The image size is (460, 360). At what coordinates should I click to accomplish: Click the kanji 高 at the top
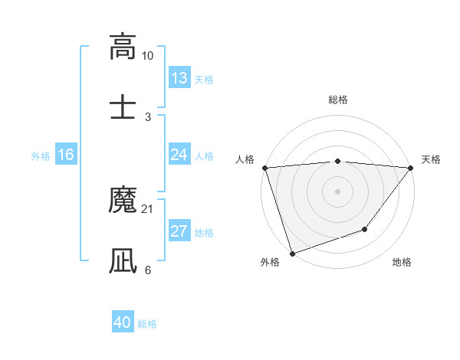(x=123, y=47)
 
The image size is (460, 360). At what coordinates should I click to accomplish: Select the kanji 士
(x=123, y=108)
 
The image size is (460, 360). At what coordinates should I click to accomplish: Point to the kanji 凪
(x=123, y=261)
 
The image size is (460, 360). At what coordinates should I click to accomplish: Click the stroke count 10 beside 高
(x=148, y=56)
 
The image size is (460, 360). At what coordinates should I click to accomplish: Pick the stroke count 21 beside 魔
(x=148, y=209)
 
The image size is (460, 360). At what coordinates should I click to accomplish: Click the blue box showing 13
(x=179, y=78)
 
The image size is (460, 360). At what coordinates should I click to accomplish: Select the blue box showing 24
(x=179, y=155)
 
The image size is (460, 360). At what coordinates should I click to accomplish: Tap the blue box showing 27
(x=179, y=231)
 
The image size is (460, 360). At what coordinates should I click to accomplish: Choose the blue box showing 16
(x=66, y=155)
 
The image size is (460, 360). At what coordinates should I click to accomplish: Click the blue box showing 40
(x=123, y=323)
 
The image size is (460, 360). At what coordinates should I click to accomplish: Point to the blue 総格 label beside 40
(x=147, y=324)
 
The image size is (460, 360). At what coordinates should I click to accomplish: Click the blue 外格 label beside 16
(x=41, y=155)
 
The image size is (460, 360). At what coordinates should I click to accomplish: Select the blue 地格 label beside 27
(x=204, y=232)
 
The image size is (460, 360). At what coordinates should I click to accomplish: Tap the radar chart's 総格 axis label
(x=338, y=100)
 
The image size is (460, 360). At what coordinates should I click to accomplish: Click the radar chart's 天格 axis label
(x=432, y=159)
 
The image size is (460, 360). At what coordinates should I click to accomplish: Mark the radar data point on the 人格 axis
(x=264, y=168)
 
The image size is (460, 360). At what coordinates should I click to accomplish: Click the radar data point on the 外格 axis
(x=292, y=253)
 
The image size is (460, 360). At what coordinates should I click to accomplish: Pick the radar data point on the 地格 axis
(x=366, y=229)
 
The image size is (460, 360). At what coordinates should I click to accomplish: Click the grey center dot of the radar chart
(x=338, y=191)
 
